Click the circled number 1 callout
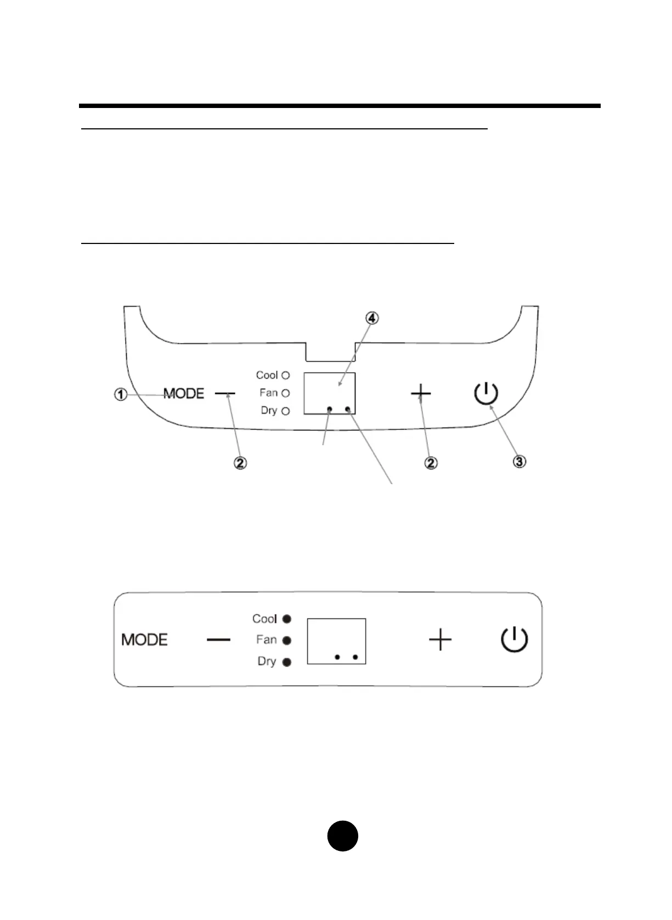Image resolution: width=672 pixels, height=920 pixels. [x=121, y=394]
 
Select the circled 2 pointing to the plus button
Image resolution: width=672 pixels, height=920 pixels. [x=431, y=463]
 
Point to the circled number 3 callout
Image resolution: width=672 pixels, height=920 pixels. [x=519, y=462]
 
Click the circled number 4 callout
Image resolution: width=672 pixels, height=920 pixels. [x=372, y=318]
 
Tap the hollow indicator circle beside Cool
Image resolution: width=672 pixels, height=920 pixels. [x=285, y=376]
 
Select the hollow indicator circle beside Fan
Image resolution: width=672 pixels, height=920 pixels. [x=285, y=393]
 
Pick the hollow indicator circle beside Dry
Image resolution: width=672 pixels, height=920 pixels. [x=285, y=411]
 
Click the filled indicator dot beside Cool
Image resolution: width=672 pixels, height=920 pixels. [x=286, y=619]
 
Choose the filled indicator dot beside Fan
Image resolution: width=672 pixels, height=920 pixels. [x=286, y=640]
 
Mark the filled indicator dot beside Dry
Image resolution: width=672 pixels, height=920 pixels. [x=286, y=662]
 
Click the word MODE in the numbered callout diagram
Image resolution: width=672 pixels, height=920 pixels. [x=184, y=394]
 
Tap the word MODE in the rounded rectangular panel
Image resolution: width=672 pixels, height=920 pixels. [x=144, y=640]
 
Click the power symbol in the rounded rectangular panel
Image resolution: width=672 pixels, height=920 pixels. [x=515, y=640]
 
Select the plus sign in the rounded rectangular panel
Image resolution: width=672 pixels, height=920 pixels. [x=440, y=640]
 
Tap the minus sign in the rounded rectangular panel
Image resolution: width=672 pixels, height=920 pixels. [x=218, y=640]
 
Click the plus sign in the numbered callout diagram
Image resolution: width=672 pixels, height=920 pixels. [x=421, y=393]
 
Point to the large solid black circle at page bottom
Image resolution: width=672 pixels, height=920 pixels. [x=343, y=836]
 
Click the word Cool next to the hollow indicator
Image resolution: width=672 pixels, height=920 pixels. [x=267, y=376]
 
